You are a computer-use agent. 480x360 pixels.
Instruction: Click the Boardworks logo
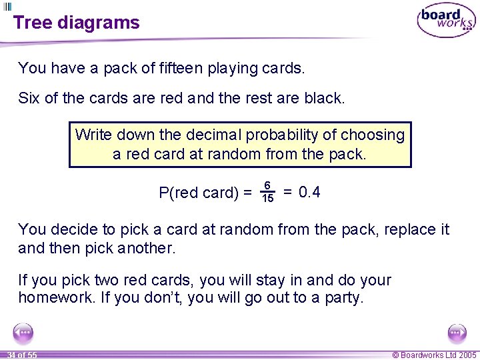(x=446, y=21)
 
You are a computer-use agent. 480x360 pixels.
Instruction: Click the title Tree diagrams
(x=76, y=23)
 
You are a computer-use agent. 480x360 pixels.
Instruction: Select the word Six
(x=29, y=99)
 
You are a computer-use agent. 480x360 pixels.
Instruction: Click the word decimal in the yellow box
(x=210, y=135)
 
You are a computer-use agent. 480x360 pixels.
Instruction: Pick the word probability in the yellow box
(x=282, y=135)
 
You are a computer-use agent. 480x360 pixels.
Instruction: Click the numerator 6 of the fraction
(x=267, y=185)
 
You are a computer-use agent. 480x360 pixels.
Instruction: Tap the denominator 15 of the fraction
(x=267, y=199)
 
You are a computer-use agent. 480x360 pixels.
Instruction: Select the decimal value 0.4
(x=310, y=193)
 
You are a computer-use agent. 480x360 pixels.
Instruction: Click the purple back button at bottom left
(x=23, y=333)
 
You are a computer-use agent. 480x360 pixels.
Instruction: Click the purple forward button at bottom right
(x=457, y=333)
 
